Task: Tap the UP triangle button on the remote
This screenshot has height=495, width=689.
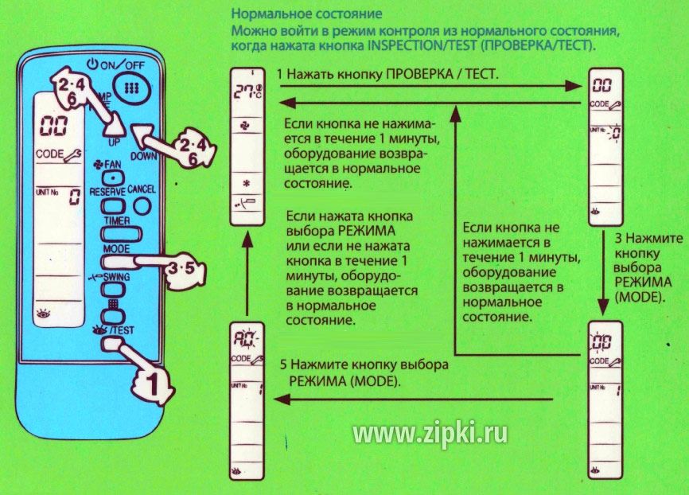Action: [x=115, y=127]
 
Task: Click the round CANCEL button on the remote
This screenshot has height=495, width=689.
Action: [x=142, y=205]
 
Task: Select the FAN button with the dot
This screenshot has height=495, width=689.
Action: [x=113, y=178]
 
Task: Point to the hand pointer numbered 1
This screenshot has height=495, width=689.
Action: [x=146, y=376]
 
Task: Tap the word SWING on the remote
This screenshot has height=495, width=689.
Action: [x=117, y=277]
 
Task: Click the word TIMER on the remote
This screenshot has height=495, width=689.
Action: [x=117, y=220]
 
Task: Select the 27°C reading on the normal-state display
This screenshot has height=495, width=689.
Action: [x=247, y=91]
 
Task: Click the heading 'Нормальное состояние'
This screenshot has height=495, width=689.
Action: [x=307, y=14]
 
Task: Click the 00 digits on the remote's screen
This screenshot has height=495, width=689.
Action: [x=54, y=127]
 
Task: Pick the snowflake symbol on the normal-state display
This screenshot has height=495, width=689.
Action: [x=247, y=183]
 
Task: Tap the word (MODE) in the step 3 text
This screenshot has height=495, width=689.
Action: [x=639, y=297]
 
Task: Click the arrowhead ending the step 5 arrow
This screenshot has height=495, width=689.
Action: [x=282, y=400]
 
